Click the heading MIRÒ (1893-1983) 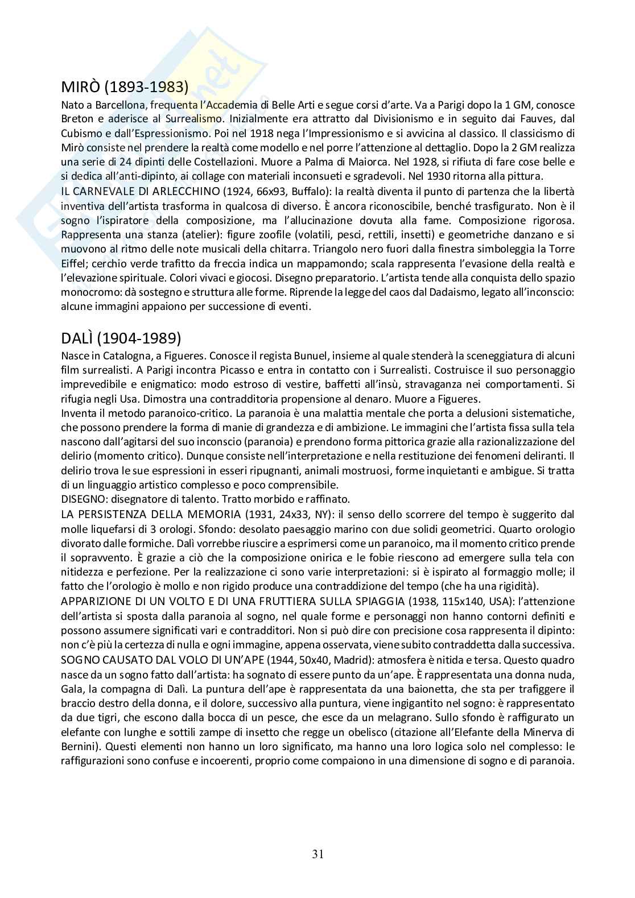[125, 87]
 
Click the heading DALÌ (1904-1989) [121, 338]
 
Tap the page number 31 [318, 854]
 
